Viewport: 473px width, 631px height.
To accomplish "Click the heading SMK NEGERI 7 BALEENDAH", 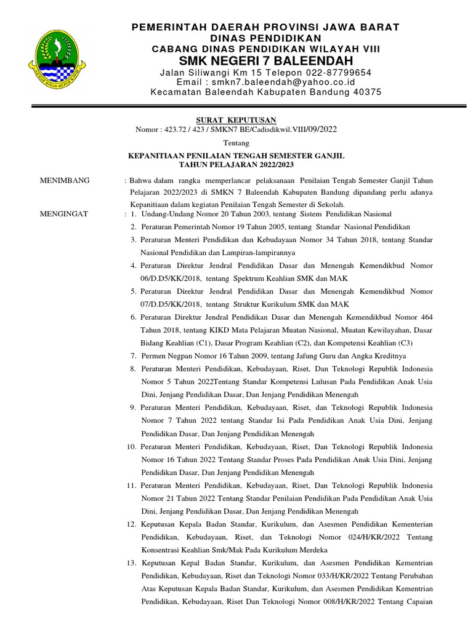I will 266,60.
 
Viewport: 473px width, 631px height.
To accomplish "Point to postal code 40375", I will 367,92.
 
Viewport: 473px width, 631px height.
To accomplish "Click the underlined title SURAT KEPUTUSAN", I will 236,120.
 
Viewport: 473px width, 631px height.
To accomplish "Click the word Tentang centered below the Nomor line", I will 236,143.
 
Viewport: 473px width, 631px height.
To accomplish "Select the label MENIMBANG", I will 65,181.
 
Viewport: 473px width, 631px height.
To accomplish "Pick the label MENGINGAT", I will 64,214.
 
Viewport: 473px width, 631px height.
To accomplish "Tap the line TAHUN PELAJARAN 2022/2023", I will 236,165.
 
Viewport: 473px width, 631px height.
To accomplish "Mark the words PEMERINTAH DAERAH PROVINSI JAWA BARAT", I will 266,27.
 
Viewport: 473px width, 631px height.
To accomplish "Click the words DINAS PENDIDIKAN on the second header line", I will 266,38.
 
